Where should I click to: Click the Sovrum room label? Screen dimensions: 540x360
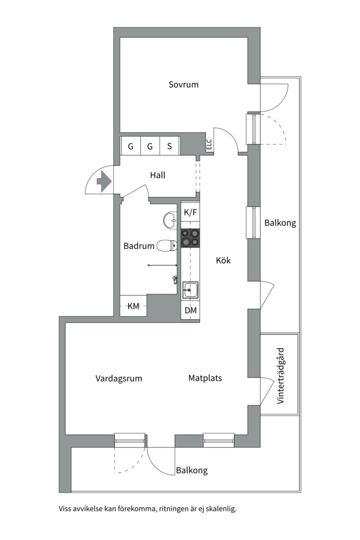click(x=183, y=84)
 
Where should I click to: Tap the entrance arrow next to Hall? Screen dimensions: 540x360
click(x=104, y=180)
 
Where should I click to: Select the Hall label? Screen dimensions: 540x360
click(x=157, y=175)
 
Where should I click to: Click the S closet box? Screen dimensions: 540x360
click(x=169, y=146)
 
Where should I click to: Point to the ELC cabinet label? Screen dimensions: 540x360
click(x=209, y=145)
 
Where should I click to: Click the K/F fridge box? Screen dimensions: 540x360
click(x=190, y=212)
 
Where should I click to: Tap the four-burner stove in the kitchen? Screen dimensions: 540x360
click(x=190, y=237)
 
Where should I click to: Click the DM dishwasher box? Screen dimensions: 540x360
click(x=190, y=310)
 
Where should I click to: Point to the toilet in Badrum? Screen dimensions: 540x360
click(x=166, y=245)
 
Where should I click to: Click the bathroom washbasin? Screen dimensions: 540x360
click(x=170, y=218)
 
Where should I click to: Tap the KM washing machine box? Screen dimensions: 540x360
click(x=133, y=306)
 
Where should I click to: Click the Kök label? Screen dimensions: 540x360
click(x=223, y=260)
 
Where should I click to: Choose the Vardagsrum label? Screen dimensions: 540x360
click(x=118, y=378)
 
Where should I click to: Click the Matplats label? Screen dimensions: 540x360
click(x=205, y=378)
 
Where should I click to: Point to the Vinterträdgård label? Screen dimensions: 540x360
click(x=280, y=375)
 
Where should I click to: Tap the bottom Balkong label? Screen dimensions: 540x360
click(x=191, y=470)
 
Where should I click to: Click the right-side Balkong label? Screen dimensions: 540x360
click(x=280, y=223)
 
